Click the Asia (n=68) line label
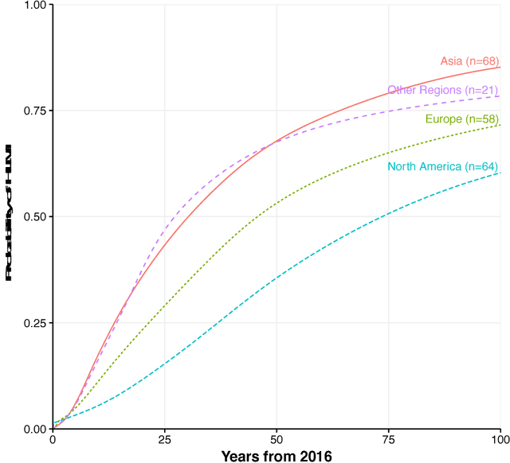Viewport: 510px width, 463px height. [469, 61]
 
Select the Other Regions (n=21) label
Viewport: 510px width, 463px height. [443, 91]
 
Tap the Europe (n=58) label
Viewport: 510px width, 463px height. [461, 119]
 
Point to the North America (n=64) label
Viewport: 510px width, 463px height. [443, 166]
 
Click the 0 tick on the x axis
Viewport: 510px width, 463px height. [53, 438]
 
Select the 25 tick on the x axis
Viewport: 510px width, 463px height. [164, 438]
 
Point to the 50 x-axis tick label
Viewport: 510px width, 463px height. [277, 438]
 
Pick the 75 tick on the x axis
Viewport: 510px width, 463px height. [388, 438]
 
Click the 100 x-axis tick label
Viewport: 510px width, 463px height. [499, 438]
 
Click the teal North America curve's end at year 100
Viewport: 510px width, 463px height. [500, 173]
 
